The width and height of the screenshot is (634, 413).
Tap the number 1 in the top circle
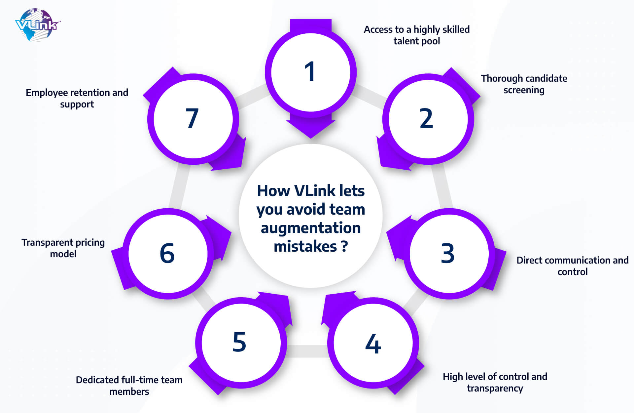click(x=310, y=71)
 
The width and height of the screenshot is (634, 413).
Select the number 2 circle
click(x=428, y=119)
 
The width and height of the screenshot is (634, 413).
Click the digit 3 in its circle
click(x=448, y=253)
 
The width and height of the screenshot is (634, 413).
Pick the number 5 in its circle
click(x=239, y=342)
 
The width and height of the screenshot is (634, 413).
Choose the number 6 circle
click(x=168, y=254)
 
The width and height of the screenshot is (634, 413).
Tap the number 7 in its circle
click(x=192, y=118)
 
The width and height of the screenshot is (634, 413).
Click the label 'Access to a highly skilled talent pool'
click(x=417, y=35)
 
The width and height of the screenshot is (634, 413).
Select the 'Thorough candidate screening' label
click(x=524, y=84)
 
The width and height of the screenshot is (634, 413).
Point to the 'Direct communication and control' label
click(x=573, y=266)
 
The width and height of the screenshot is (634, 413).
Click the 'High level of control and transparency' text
click(x=495, y=382)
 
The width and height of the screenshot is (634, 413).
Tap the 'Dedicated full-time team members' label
click(x=129, y=386)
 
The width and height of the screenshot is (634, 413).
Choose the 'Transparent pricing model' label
click(x=63, y=248)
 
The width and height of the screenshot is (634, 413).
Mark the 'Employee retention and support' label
click(x=77, y=98)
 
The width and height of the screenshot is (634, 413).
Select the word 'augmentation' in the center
click(x=311, y=228)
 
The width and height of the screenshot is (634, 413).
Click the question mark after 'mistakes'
click(x=344, y=246)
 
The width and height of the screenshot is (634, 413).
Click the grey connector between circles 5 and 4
click(x=307, y=351)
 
